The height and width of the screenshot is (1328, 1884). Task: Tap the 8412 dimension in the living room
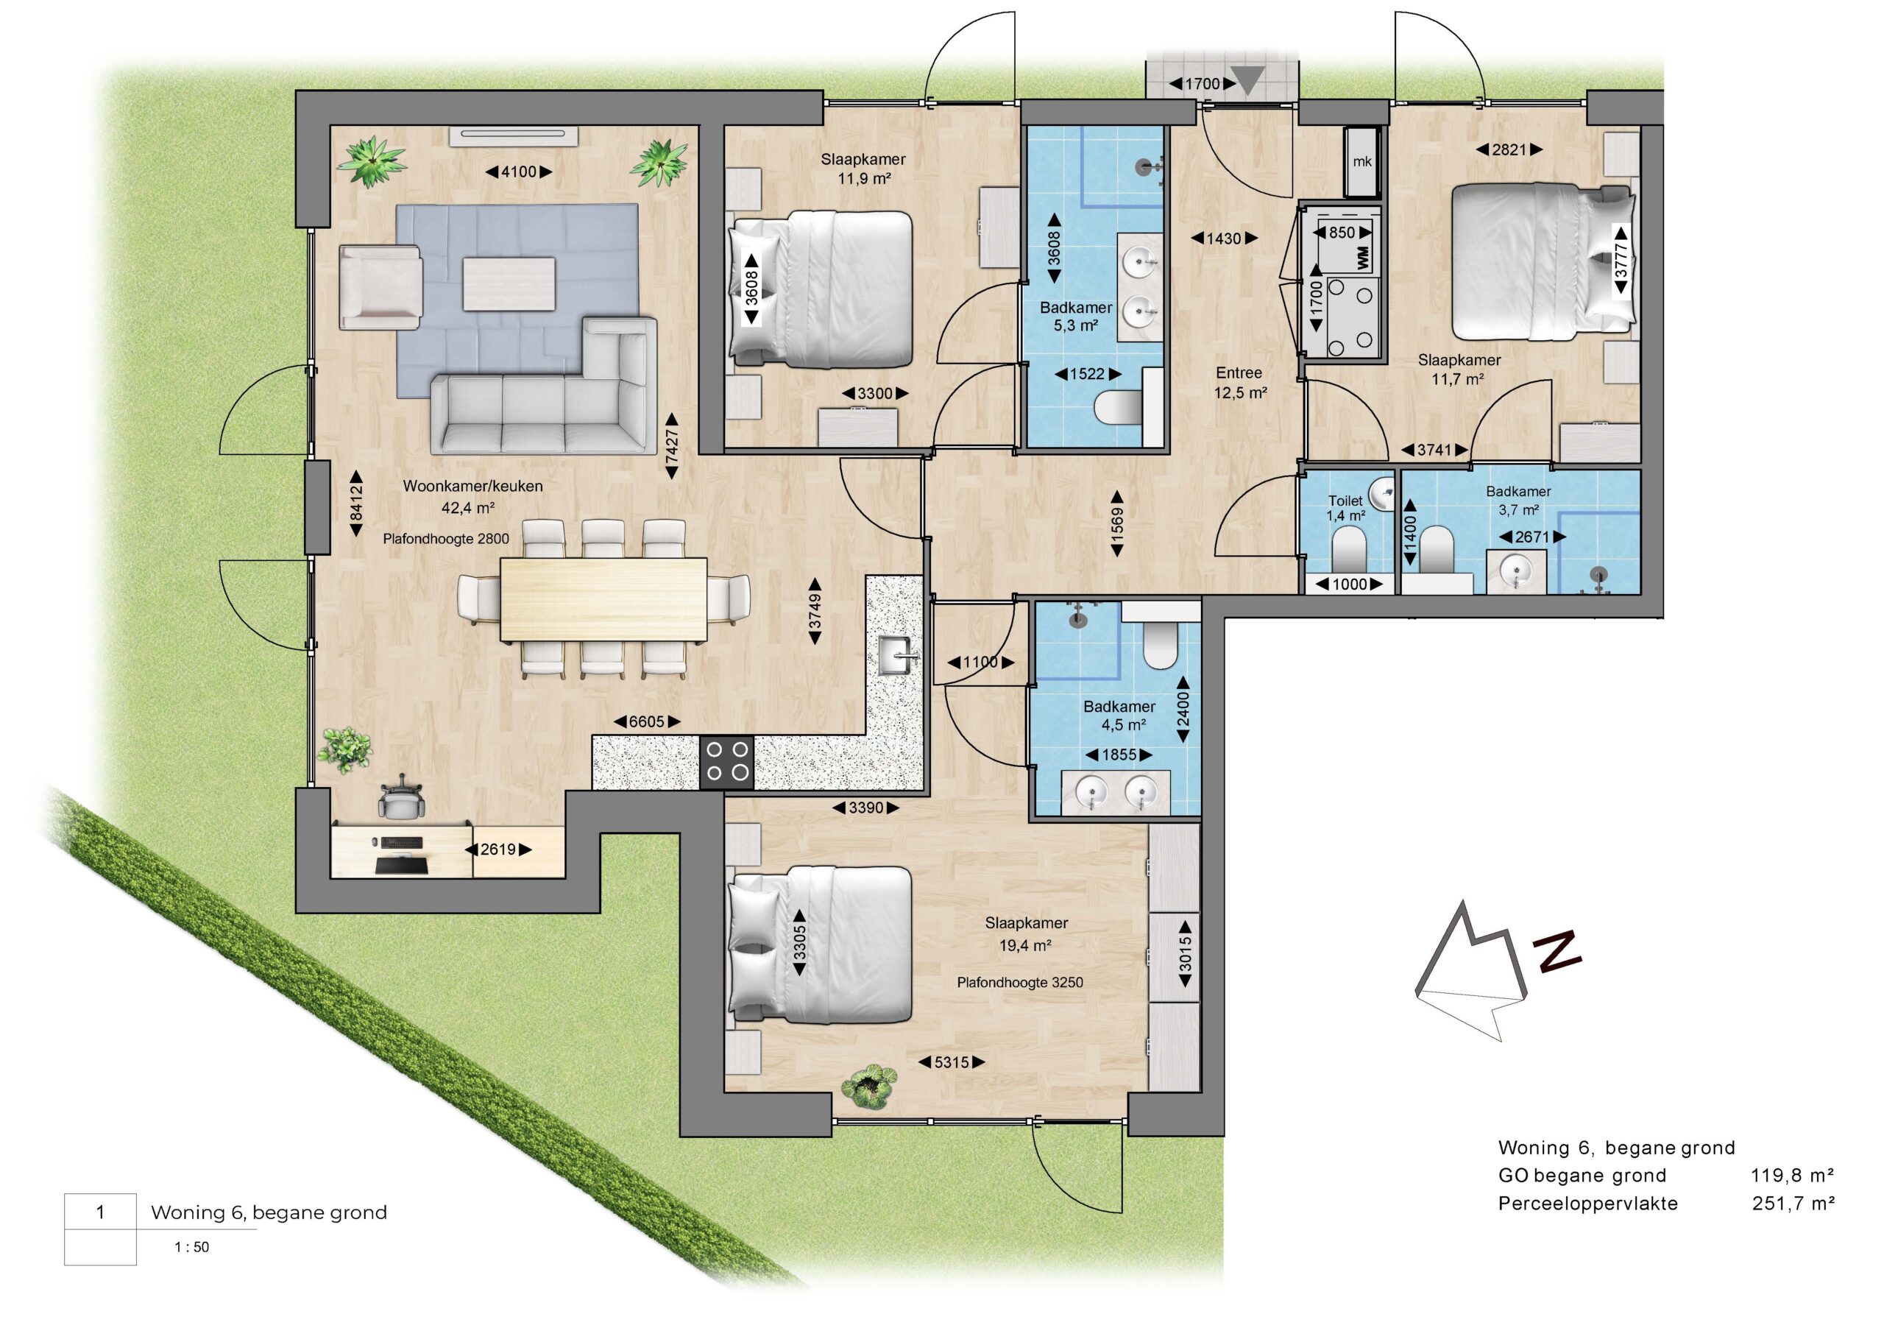click(x=356, y=503)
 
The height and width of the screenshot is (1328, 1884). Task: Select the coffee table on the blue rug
click(x=509, y=284)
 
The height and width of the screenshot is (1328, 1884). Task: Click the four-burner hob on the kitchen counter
click(x=727, y=762)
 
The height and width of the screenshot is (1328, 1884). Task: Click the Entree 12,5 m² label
click(x=1240, y=383)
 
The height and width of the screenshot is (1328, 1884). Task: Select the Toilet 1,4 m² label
click(x=1346, y=508)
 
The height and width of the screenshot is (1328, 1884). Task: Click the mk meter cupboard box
click(x=1362, y=162)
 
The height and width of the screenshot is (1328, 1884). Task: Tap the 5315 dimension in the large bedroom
click(x=951, y=1062)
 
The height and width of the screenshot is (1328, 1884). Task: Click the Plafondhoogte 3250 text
click(x=1020, y=981)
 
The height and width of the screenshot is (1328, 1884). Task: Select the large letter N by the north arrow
click(x=1557, y=952)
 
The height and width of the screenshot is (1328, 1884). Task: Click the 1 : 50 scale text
click(x=191, y=1247)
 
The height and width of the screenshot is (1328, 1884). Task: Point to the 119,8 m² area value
click(x=1793, y=1176)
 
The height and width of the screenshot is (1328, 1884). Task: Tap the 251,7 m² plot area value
click(x=1793, y=1204)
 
